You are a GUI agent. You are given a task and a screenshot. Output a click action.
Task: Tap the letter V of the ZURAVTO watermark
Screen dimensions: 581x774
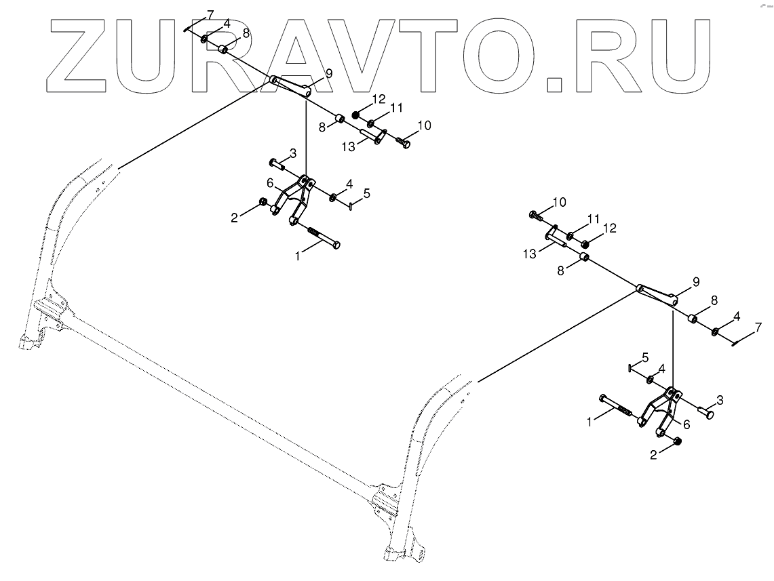[374, 54]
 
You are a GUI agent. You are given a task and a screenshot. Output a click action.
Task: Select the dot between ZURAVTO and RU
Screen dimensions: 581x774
[554, 83]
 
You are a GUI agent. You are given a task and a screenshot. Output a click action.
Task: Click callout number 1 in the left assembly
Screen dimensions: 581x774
[296, 256]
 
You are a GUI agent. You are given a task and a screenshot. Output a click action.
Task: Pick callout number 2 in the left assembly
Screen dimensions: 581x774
[235, 218]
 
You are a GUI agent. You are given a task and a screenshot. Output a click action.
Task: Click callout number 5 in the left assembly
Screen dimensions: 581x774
[366, 193]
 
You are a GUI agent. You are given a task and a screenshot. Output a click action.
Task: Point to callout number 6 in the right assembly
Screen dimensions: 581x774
[686, 424]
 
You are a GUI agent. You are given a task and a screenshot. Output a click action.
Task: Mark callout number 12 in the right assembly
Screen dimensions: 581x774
[610, 228]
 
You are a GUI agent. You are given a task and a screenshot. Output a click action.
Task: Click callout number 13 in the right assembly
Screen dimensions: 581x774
[529, 253]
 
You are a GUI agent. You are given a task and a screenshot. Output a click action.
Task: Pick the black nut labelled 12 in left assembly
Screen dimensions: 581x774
[355, 114]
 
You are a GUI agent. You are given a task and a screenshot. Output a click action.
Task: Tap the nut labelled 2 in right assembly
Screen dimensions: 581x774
[676, 442]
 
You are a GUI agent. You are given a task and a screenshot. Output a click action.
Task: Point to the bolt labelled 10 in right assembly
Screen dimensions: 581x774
[536, 216]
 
